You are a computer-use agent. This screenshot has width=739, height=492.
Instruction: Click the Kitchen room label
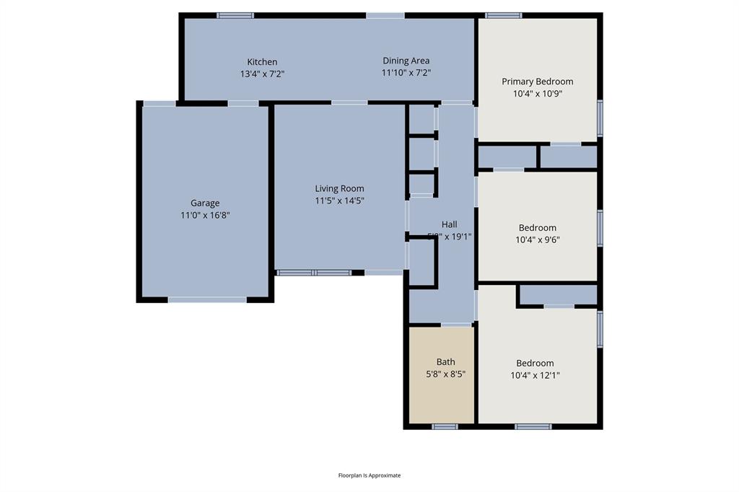262,62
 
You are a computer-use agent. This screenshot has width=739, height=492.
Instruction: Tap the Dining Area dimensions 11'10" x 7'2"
406,73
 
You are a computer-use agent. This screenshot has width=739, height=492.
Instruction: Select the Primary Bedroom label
538,82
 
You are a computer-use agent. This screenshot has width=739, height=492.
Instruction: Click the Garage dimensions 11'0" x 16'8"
205,215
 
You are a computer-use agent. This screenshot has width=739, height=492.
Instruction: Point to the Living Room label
339,189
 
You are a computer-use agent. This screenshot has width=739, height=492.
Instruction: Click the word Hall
449,224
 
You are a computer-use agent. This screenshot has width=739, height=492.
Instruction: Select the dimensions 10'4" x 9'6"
538,240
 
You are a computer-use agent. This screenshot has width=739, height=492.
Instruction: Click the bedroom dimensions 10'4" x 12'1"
538,375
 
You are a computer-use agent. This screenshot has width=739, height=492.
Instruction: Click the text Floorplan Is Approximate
369,475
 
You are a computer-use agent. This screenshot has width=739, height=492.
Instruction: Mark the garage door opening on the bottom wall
207,299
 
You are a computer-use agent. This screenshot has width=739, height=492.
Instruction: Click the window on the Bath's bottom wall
445,426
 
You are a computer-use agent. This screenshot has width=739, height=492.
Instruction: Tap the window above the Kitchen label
235,15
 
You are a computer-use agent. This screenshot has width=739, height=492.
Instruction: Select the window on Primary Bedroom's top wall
503,15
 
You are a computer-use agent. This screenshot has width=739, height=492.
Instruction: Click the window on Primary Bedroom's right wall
600,118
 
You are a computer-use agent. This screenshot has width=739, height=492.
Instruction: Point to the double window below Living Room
314,273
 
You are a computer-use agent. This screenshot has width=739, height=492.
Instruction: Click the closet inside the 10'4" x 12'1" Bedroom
558,295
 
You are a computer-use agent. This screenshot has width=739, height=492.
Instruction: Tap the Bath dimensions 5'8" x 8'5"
445,374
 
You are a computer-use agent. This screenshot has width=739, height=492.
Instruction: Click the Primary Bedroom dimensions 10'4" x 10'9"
538,94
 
